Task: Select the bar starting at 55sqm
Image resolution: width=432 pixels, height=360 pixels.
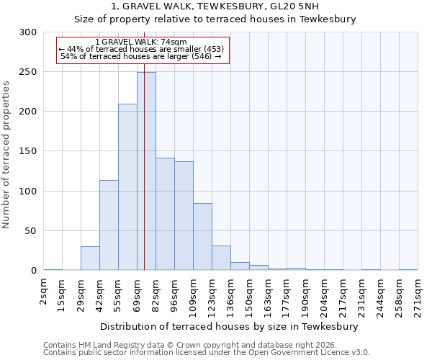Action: click(x=127, y=187)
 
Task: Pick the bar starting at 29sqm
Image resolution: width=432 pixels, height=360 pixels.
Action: click(x=90, y=258)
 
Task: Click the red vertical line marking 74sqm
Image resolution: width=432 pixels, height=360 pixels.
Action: click(x=144, y=216)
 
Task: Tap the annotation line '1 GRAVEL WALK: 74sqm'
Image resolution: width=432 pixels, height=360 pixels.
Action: click(x=141, y=42)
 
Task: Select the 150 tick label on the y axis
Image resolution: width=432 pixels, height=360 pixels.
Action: click(x=28, y=151)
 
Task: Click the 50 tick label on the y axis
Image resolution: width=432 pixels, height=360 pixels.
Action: click(x=31, y=231)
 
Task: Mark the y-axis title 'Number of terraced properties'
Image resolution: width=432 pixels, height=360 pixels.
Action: click(x=6, y=154)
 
